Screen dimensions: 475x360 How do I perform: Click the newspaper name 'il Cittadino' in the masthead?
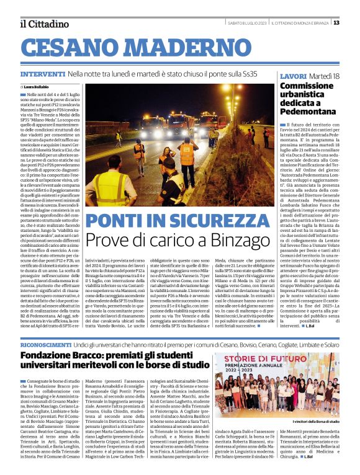[43, 24]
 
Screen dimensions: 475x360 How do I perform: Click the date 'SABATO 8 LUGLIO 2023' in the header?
[247, 23]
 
